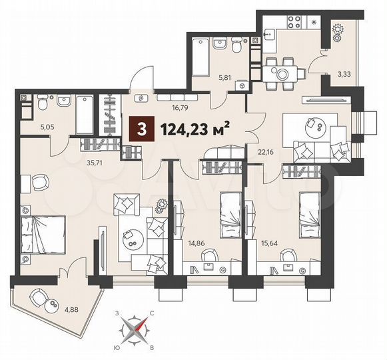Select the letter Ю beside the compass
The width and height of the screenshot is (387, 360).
(117, 348)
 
